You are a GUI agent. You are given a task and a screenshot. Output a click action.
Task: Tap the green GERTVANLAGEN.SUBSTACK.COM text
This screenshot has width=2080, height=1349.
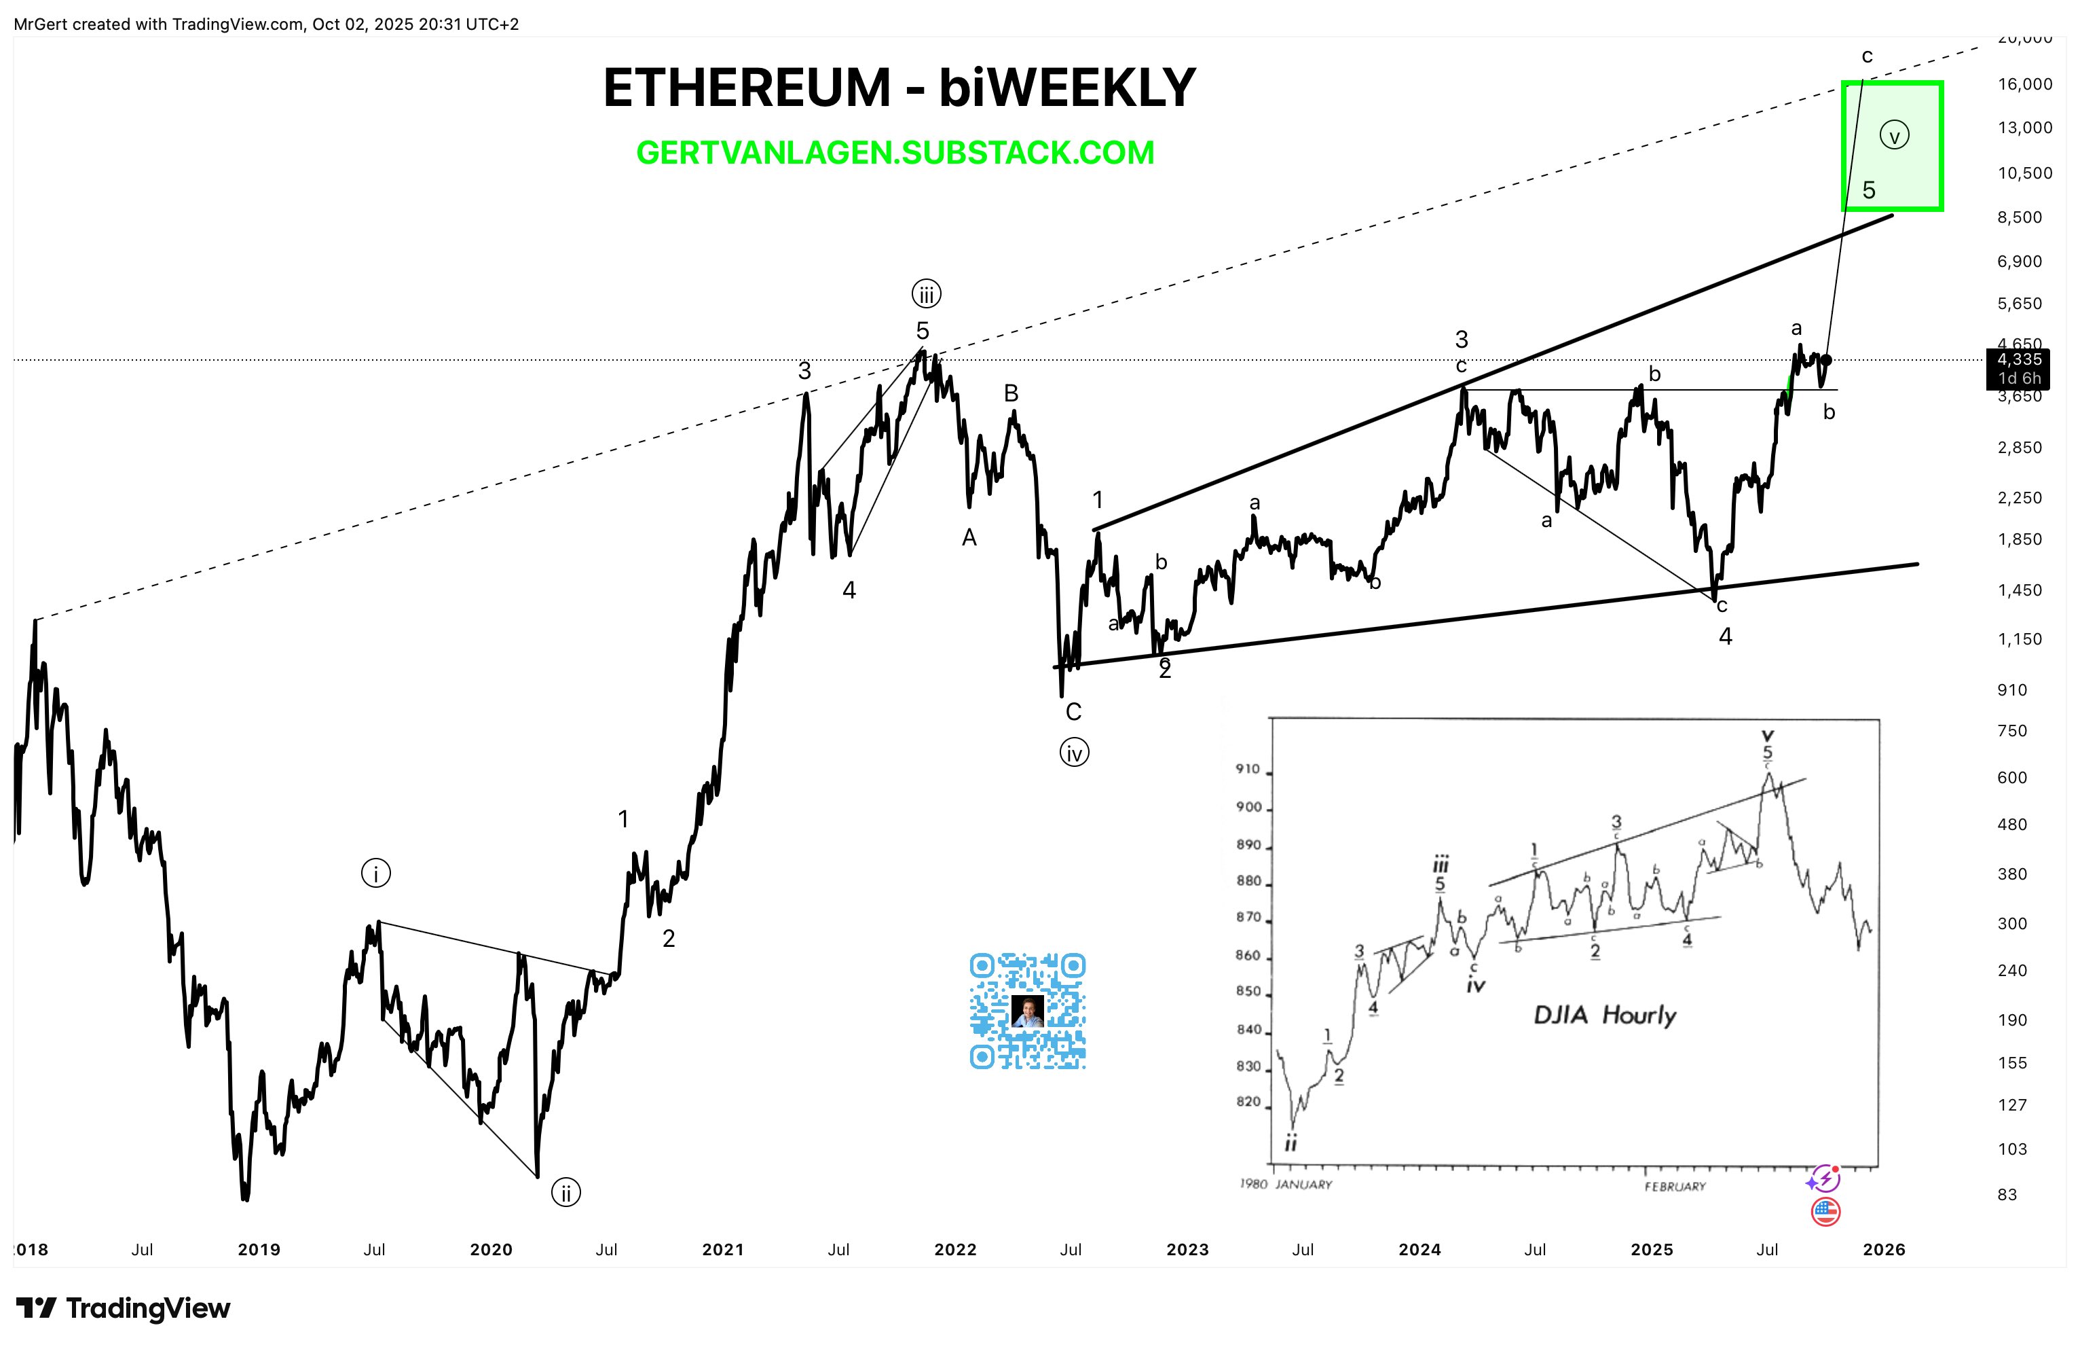pos(895,153)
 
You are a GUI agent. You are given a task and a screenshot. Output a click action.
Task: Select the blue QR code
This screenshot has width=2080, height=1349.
pos(1028,1011)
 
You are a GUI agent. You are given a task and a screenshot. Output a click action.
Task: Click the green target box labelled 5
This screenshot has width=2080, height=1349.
pos(1892,146)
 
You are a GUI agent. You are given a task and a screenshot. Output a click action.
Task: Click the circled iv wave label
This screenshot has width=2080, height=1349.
pos(1074,752)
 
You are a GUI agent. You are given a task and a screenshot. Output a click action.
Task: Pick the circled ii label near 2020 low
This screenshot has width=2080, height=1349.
pos(565,1193)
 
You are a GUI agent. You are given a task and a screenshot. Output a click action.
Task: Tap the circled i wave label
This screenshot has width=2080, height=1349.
pos(376,873)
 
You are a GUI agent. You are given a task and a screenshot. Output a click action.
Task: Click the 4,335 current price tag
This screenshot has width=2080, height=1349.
pos(2020,359)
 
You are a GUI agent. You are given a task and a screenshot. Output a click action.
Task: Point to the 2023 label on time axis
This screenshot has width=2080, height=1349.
pos(1187,1249)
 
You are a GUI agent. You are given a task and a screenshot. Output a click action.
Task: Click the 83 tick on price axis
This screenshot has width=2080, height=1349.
pos(2007,1194)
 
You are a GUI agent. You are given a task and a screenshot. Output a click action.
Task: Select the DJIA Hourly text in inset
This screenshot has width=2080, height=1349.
pos(1605,1015)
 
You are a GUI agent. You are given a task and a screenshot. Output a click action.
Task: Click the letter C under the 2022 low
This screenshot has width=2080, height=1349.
pos(1073,712)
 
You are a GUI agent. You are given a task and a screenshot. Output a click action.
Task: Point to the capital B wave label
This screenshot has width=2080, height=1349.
pos(1010,393)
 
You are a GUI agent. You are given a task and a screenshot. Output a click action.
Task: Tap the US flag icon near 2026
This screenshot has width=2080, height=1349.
pos(1825,1212)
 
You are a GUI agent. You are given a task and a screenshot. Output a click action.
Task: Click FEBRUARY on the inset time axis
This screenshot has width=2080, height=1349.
pos(1675,1187)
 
